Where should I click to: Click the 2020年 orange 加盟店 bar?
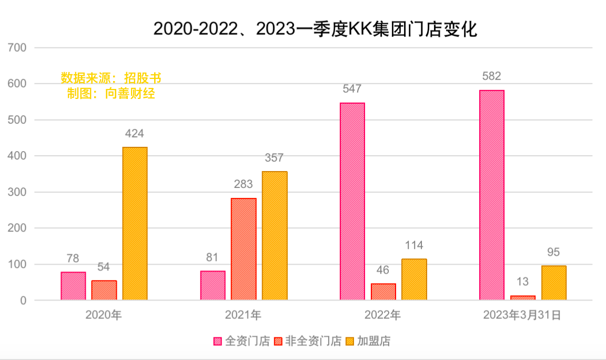pyautogui.click(x=135, y=224)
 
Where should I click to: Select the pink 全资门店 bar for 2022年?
pyautogui.click(x=352, y=202)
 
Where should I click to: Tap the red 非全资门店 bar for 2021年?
pyautogui.click(x=244, y=249)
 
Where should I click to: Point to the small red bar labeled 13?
pyautogui.click(x=522, y=298)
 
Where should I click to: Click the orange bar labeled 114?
pyautogui.click(x=414, y=279)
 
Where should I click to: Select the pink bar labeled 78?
pyautogui.click(x=73, y=286)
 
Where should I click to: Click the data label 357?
pyautogui.click(x=274, y=158)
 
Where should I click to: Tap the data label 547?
pyautogui.click(x=352, y=89)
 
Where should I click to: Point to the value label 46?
pyautogui.click(x=383, y=271)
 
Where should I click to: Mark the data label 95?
pyautogui.click(x=553, y=252)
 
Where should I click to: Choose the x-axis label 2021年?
pyautogui.click(x=243, y=315)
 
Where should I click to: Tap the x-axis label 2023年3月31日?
pyautogui.click(x=522, y=315)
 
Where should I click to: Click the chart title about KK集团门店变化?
pyautogui.click(x=315, y=29)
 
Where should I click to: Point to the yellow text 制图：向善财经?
pyautogui.click(x=111, y=94)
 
